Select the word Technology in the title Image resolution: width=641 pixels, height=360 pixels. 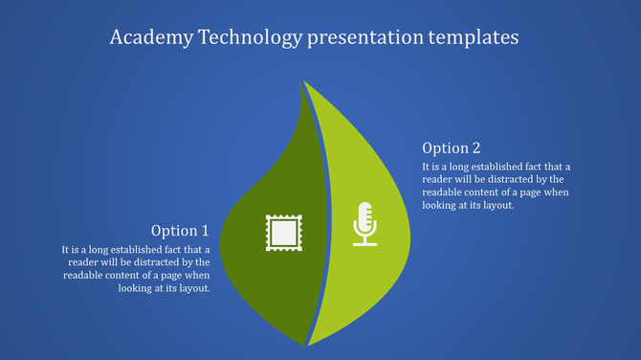tap(247, 37)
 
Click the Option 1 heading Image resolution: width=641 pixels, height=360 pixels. tap(180, 231)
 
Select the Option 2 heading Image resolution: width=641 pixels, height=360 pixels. tap(452, 148)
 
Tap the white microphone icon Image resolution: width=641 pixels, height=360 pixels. tap(365, 221)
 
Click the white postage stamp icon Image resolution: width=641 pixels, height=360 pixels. tap(282, 232)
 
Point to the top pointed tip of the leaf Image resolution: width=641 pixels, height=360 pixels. tap(303, 83)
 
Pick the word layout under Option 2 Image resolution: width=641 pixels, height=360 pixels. tap(499, 206)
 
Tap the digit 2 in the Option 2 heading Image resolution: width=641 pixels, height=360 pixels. tap(475, 148)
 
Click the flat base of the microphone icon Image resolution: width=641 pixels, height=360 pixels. tap(365, 243)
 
